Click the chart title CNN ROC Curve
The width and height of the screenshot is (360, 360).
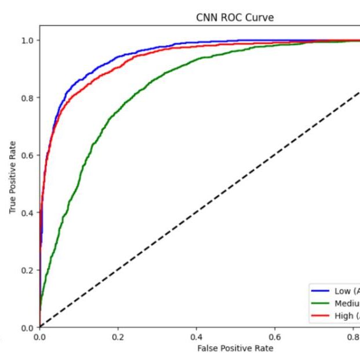[x=235, y=18]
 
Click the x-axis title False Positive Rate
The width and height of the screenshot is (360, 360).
[x=235, y=348]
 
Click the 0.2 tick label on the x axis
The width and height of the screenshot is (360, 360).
[x=118, y=337]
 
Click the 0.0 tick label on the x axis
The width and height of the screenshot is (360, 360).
[x=39, y=337]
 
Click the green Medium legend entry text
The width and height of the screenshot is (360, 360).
[x=347, y=304]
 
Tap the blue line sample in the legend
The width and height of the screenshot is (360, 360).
[x=321, y=292]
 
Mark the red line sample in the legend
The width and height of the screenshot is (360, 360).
[x=321, y=316]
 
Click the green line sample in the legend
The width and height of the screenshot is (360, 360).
[x=321, y=304]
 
